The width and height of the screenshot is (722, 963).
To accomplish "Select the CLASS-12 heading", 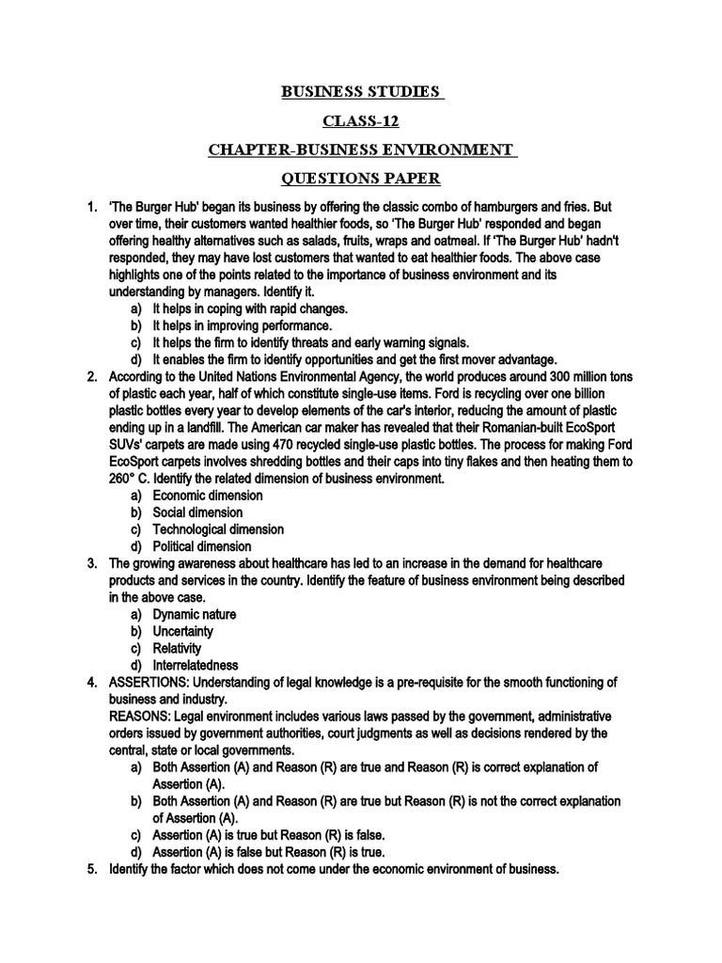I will click(360, 121).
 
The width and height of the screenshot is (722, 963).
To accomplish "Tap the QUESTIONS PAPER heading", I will click(360, 179).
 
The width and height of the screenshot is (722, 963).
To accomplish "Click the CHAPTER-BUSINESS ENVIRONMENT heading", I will click(360, 150).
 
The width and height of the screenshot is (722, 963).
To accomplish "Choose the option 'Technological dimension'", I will click(213, 529).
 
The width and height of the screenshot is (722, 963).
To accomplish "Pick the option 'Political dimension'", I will click(202, 546).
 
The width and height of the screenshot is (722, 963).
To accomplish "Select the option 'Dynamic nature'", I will click(195, 614).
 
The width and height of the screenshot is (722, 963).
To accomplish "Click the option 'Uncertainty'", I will click(183, 631).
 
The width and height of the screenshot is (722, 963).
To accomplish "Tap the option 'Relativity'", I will click(178, 648).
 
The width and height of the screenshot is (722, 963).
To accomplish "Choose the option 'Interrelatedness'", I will click(196, 665).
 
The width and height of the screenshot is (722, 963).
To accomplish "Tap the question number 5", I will click(92, 869).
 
